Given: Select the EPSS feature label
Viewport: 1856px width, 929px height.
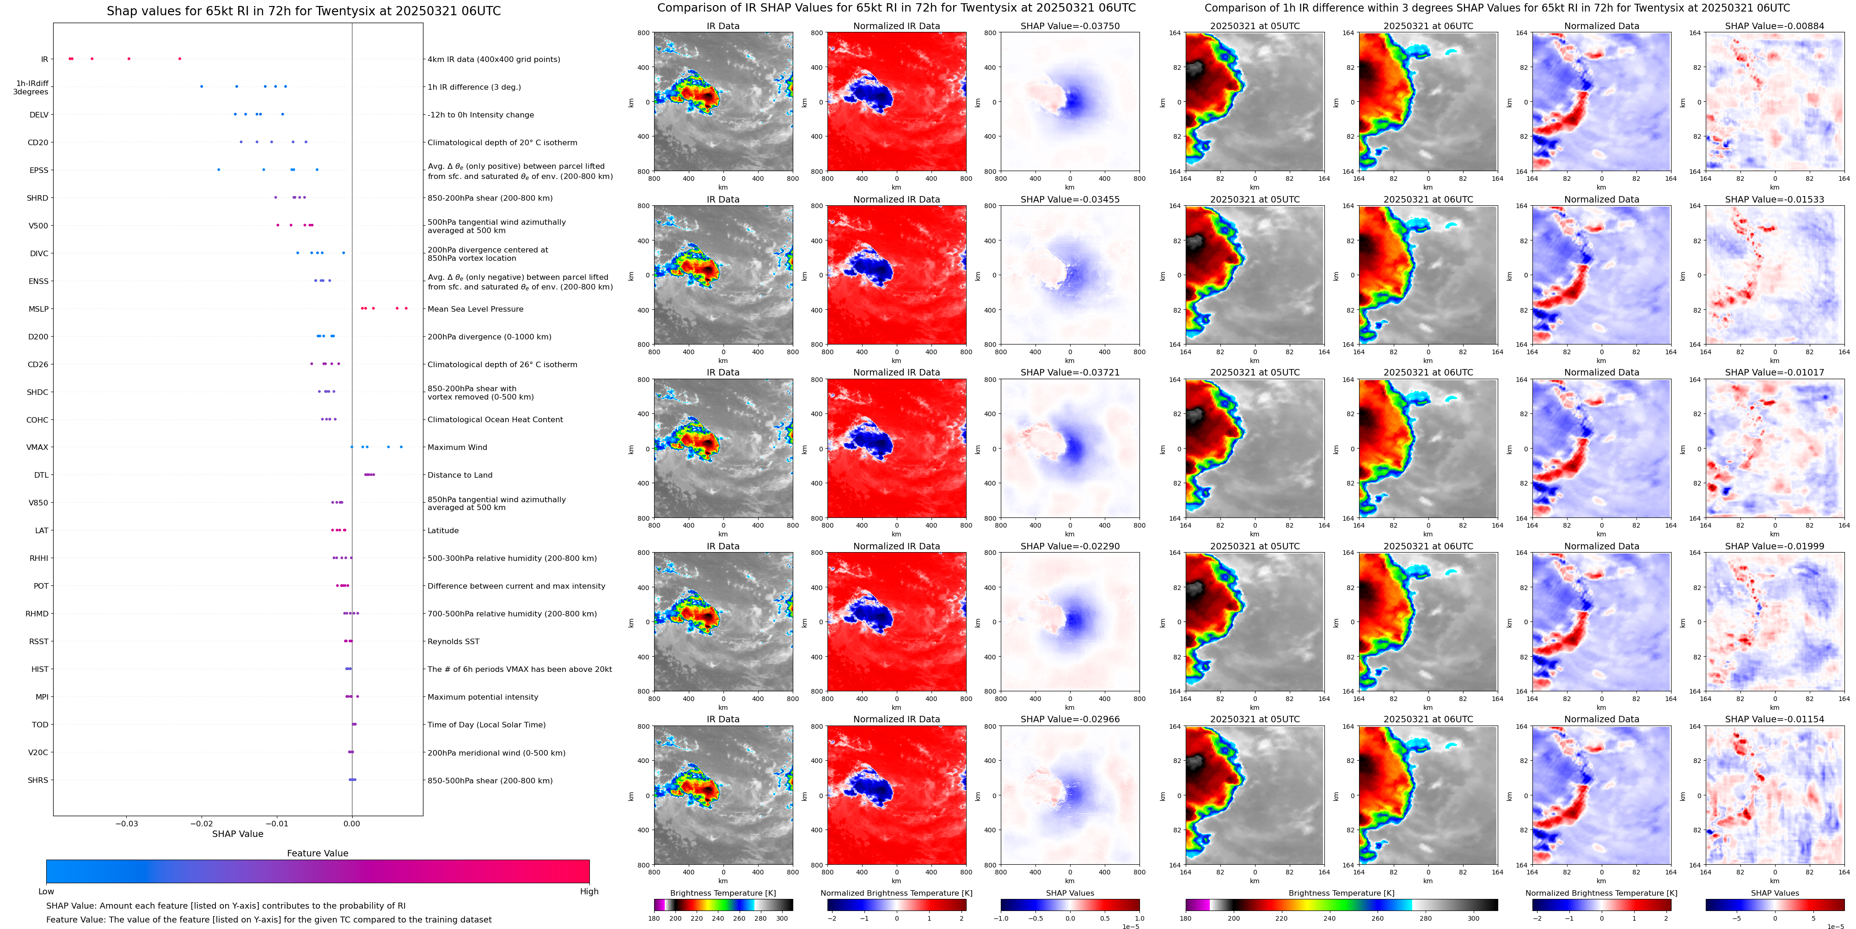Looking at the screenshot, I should (x=39, y=171).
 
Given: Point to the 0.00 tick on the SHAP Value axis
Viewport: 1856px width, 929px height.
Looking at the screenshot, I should (x=352, y=823).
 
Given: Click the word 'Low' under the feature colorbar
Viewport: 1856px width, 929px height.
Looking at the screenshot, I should (x=46, y=892).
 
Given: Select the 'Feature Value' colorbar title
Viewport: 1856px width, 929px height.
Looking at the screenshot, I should (x=317, y=853).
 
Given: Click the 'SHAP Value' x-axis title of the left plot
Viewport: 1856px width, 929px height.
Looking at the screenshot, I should (x=237, y=834).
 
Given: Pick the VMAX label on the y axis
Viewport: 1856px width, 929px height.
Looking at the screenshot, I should (x=37, y=448).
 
